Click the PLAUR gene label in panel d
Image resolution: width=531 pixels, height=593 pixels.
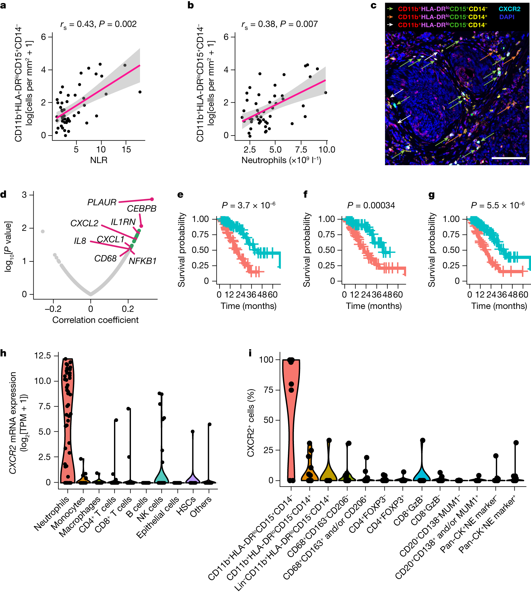(102, 202)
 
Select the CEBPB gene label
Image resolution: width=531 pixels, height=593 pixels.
(142, 208)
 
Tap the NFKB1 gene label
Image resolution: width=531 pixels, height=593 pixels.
(142, 261)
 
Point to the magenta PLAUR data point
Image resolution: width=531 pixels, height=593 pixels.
(152, 199)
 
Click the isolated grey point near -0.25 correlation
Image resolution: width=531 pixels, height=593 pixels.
(43, 231)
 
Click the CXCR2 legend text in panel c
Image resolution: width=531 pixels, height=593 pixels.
(509, 9)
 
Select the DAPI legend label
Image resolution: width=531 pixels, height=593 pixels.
(507, 17)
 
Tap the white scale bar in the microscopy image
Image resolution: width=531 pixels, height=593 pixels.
(509, 158)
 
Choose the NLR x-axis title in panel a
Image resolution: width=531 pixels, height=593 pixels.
(99, 160)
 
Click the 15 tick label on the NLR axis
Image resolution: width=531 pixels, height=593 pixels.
(126, 149)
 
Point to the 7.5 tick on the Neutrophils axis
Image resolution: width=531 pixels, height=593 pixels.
(301, 149)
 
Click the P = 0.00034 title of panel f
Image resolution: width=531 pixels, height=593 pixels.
(371, 205)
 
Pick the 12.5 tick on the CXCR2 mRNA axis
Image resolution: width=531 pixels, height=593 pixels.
(43, 355)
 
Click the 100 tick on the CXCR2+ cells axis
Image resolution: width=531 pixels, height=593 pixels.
(266, 359)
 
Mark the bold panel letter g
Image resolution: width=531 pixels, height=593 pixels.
(432, 195)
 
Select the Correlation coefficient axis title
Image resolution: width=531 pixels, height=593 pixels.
(95, 320)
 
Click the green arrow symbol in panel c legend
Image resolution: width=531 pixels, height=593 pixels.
(390, 9)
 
